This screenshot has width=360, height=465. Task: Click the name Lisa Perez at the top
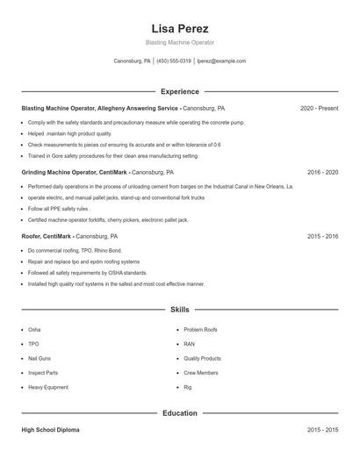[179, 28]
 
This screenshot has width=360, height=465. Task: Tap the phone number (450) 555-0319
[174, 61]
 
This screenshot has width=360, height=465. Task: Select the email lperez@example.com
[221, 61]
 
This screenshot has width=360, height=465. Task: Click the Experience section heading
[179, 91]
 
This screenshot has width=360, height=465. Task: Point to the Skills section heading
[179, 310]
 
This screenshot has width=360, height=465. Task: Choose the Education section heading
[179, 412]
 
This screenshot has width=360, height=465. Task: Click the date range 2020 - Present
[319, 108]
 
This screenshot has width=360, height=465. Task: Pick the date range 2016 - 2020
[322, 173]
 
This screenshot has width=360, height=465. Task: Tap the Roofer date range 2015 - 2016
[322, 237]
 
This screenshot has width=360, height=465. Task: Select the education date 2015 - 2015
[322, 430]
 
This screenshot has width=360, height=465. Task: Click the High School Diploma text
[50, 430]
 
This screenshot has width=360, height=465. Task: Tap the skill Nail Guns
[40, 358]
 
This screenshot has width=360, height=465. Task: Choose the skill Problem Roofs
[200, 330]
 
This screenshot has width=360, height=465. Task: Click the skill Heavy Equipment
[47, 387]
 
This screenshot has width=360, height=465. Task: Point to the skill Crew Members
[201, 373]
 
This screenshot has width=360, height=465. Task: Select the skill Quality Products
[202, 358]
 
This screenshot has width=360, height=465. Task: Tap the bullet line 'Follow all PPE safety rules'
[58, 209]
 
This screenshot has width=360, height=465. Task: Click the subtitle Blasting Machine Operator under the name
[179, 42]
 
